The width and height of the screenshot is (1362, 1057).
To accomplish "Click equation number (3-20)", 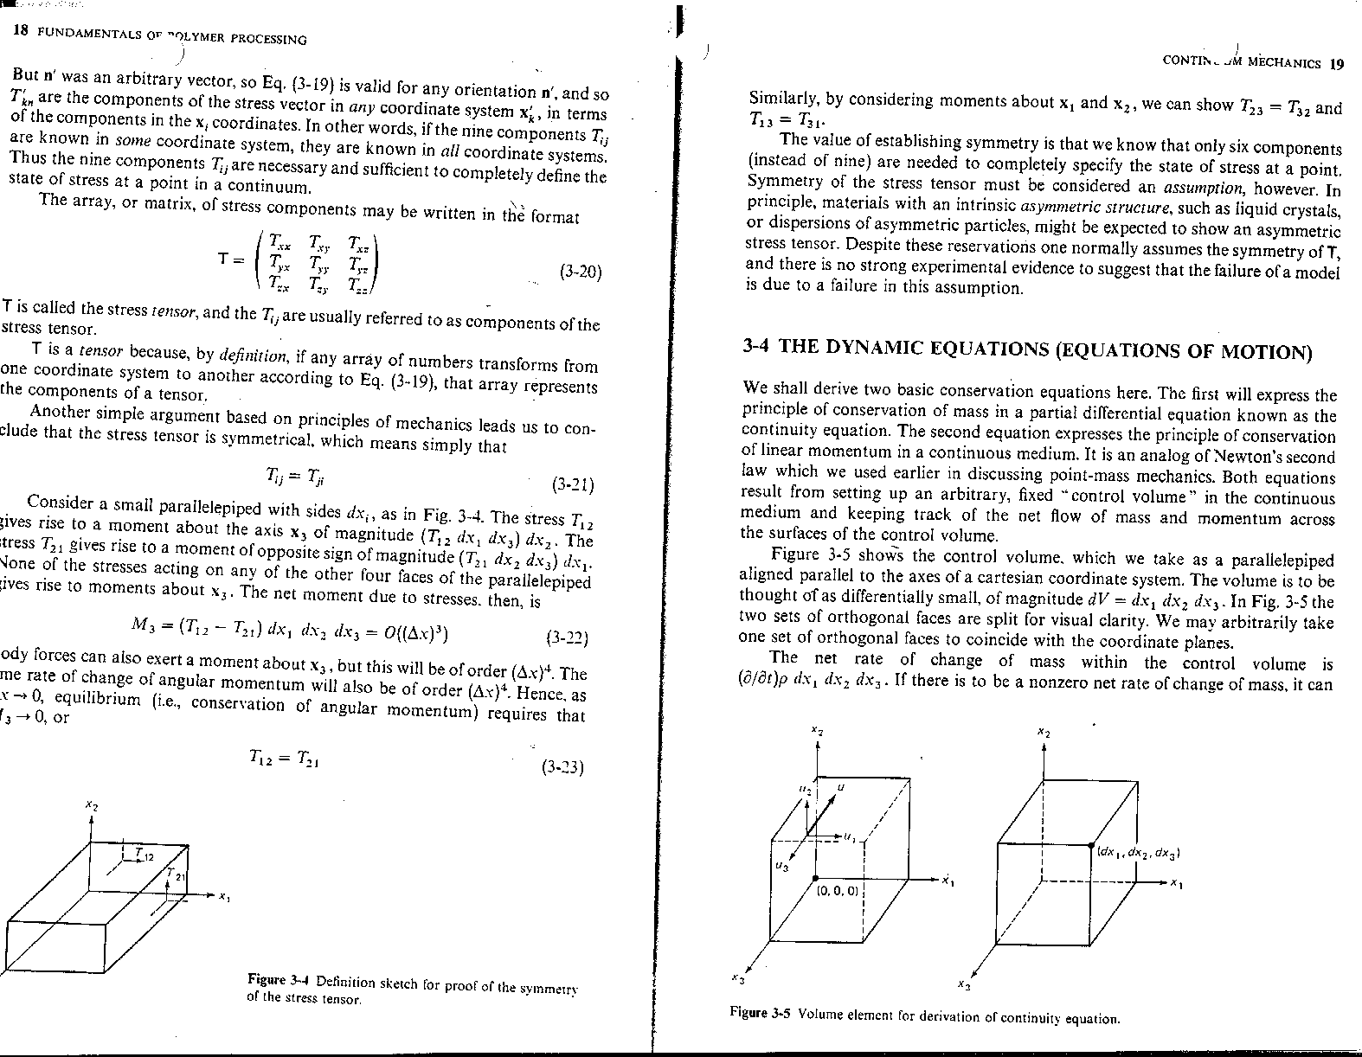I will tap(580, 272).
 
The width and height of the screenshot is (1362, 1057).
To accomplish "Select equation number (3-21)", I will tap(572, 485).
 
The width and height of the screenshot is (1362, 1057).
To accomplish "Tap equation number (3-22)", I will tap(568, 639).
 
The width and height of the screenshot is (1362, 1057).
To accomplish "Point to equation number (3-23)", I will tap(562, 767).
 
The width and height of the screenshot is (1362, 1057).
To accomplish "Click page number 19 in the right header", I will tap(1337, 63).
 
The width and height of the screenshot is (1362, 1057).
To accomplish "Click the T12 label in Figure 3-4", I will tap(144, 855).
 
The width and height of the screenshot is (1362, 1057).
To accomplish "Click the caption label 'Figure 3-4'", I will tap(279, 980).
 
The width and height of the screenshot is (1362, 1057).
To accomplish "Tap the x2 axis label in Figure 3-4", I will tap(91, 805).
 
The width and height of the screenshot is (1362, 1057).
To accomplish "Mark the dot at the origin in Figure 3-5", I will tap(816, 879).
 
